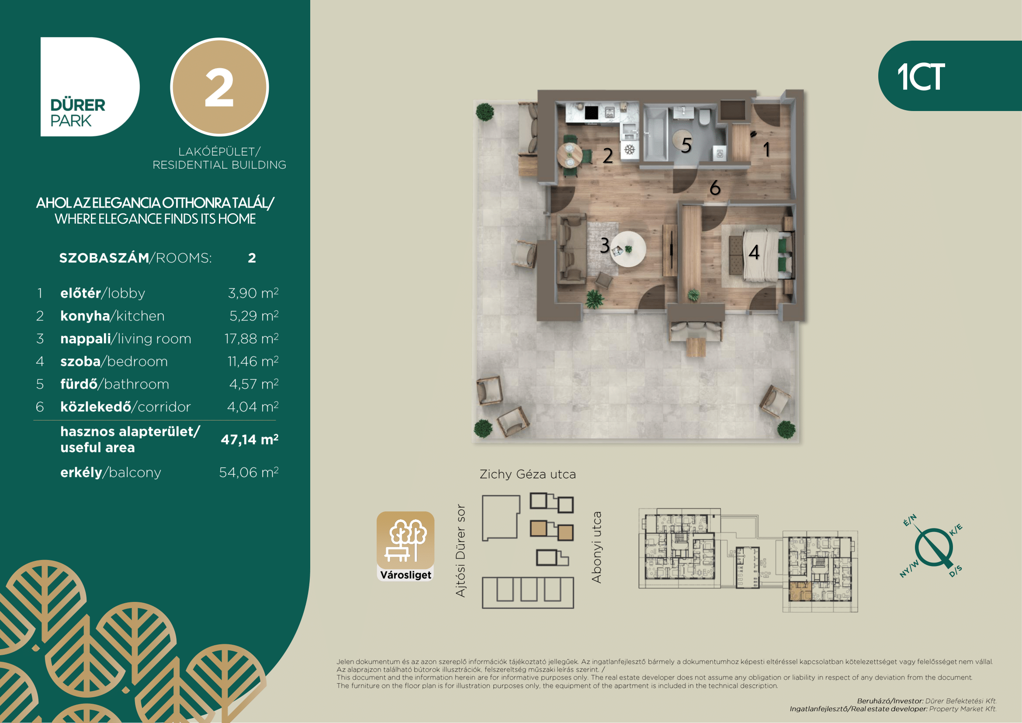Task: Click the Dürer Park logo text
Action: coord(77,113)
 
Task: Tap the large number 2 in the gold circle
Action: coord(219,88)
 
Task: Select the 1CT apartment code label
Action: coord(921,76)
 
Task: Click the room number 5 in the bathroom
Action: coord(686,145)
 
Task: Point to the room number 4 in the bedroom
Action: coord(754,252)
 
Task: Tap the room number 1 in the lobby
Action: coord(766,149)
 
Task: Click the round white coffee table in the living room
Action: coord(628,249)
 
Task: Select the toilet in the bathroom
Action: coord(704,118)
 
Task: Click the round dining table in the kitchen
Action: coord(569,155)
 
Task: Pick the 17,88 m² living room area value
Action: coord(252,339)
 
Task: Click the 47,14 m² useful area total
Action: coord(250,439)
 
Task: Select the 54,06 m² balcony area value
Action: coord(249,473)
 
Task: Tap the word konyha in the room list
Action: coord(85,316)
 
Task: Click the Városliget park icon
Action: coord(405,546)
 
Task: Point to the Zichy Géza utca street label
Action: coord(527,474)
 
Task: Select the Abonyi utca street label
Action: coord(596,547)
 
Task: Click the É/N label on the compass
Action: coord(909,520)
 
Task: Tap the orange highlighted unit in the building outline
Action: coord(800,591)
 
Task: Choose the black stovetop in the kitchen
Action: coord(591,113)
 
